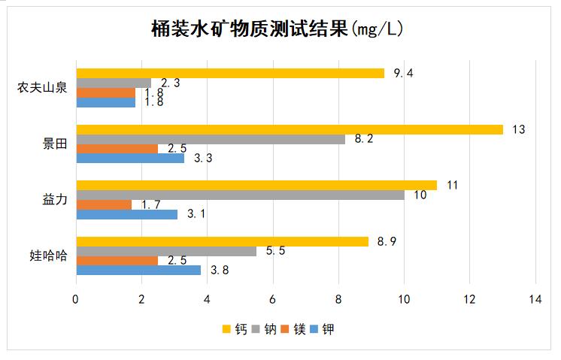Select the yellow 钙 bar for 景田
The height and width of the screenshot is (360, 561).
tap(290, 129)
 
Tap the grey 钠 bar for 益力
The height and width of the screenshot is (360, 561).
tap(240, 195)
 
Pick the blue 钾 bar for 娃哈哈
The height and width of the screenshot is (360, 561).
tap(138, 270)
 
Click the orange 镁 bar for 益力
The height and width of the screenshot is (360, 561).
tap(104, 204)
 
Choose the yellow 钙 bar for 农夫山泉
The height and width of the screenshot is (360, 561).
tap(230, 73)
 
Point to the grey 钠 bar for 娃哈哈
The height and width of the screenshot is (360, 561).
tap(166, 251)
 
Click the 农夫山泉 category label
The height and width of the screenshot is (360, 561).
tap(42, 87)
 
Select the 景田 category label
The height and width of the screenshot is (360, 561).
tap(54, 144)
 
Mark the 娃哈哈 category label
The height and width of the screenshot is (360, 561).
tap(48, 256)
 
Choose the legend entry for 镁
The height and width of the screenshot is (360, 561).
tap(293, 328)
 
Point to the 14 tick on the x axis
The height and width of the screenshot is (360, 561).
tap(535, 299)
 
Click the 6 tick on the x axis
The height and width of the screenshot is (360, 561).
tap(272, 299)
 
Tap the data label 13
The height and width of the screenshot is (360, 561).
tap(517, 129)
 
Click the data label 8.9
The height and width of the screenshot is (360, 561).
tap(387, 241)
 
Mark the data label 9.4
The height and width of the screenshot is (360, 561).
tap(403, 73)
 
